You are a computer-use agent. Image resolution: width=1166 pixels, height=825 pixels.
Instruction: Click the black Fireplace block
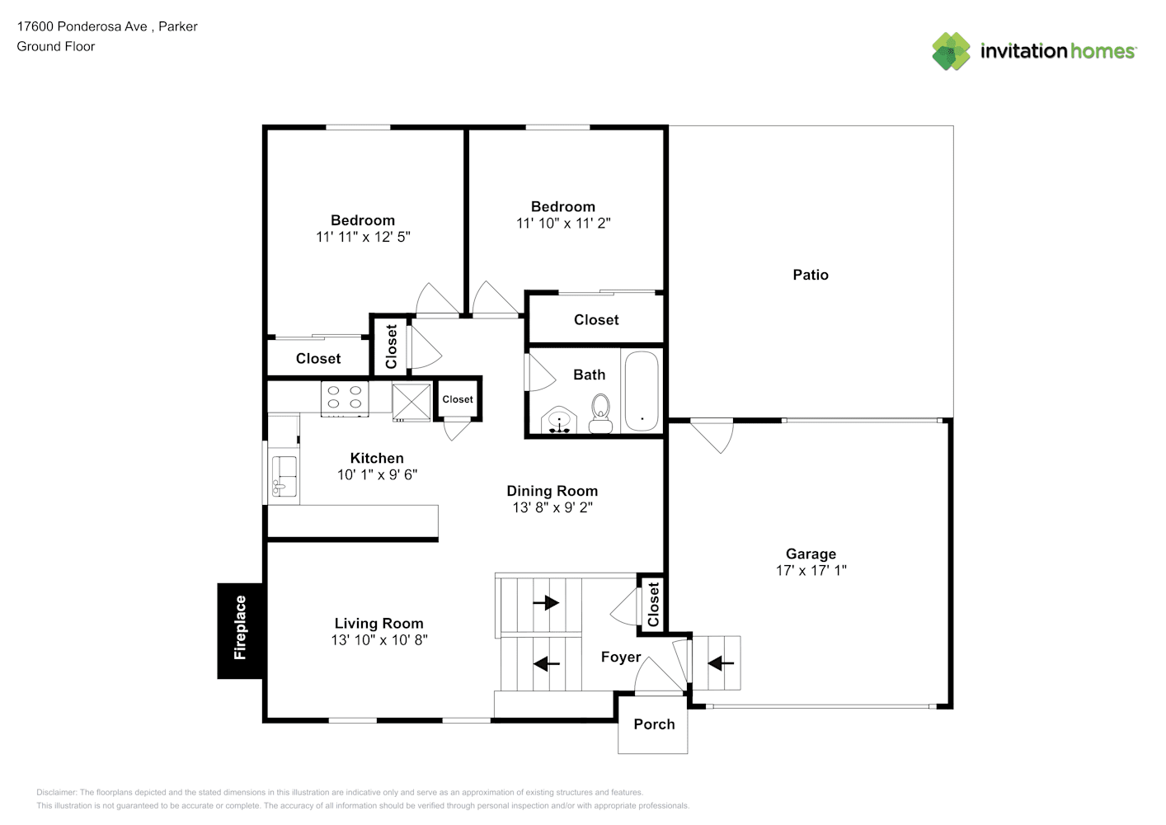[240, 630]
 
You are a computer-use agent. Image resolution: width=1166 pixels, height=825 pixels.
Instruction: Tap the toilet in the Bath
[600, 413]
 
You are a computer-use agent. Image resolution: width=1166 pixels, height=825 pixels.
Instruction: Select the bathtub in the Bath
[642, 391]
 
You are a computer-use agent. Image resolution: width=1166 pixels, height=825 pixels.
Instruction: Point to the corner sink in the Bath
[559, 420]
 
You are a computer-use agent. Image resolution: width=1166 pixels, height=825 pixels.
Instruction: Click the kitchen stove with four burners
[345, 398]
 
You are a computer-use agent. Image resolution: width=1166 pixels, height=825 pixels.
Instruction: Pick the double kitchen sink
[284, 476]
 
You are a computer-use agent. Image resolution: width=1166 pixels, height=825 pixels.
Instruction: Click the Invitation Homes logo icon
[951, 51]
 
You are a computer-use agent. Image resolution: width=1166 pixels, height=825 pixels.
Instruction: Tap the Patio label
[811, 275]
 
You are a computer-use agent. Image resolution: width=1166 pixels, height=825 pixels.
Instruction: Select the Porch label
[654, 724]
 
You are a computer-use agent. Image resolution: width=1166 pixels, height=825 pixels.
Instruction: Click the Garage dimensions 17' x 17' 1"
[811, 570]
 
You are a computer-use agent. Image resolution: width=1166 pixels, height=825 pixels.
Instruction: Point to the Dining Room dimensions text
[552, 507]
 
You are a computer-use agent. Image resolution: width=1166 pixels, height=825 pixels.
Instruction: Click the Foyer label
[621, 657]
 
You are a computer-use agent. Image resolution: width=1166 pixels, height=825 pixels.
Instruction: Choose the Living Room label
[379, 623]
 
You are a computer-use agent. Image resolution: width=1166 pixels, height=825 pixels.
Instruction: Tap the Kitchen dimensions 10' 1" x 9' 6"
[378, 474]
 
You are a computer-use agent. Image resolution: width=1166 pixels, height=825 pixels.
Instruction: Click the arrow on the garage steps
[721, 663]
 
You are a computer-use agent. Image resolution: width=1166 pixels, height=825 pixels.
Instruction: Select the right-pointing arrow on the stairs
[546, 603]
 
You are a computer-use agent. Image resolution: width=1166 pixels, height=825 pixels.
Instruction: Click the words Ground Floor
[56, 46]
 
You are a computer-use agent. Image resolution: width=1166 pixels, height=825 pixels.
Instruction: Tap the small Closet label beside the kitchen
[458, 399]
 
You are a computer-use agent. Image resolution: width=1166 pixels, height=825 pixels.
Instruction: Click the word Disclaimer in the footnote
[56, 792]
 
